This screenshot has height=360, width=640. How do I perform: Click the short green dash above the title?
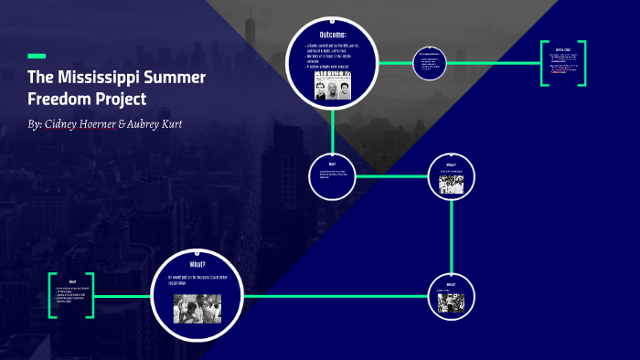coord(37,56)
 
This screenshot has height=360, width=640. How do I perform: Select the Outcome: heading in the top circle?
coord(332,35)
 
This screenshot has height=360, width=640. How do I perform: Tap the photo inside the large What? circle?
coord(197,309)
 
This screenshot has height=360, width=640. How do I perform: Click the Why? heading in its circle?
coord(332,164)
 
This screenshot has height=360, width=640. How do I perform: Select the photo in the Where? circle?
coord(451,184)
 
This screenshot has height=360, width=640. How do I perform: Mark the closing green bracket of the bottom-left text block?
coord(91,295)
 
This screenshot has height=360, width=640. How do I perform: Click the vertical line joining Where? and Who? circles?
coord(451,236)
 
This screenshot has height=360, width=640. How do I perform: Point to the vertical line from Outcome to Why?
coord(332,128)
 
